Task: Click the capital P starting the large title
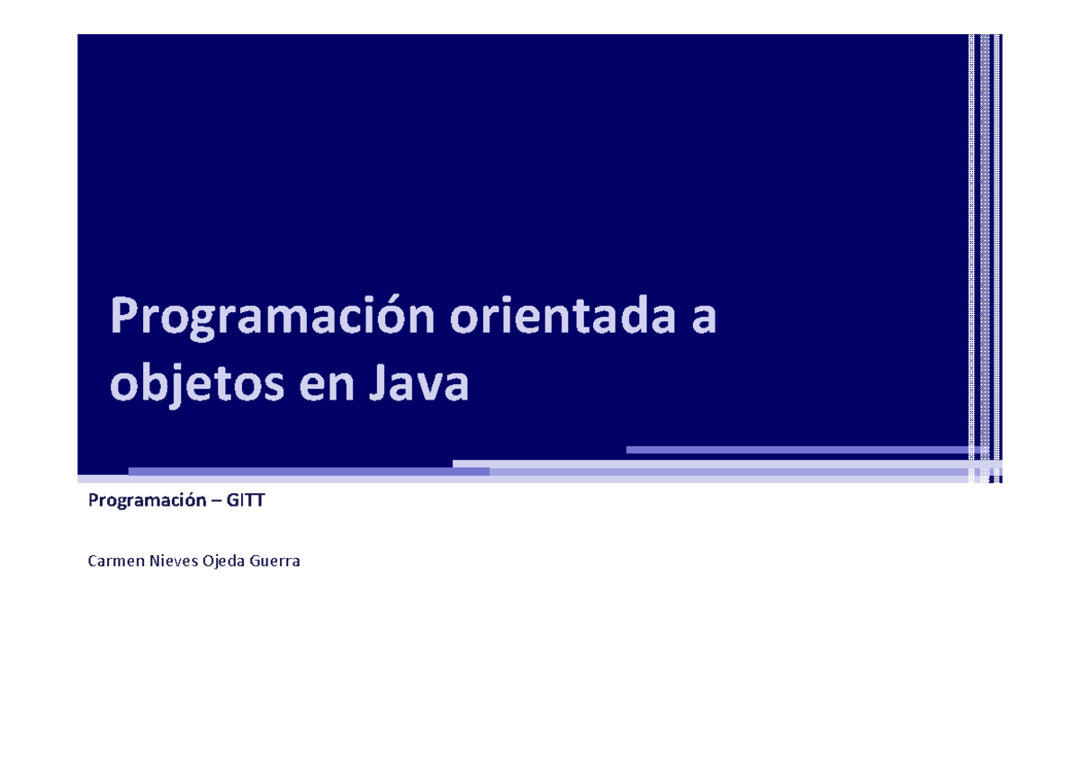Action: click(124, 319)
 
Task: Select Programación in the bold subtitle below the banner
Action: click(147, 501)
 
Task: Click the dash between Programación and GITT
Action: click(217, 501)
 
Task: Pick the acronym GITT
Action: click(246, 500)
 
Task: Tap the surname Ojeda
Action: click(226, 562)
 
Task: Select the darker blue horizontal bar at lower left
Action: click(309, 471)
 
